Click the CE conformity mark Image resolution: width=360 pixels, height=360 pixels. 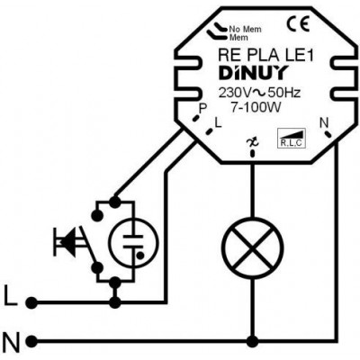pos(298,24)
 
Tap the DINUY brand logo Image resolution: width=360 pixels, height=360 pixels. pos(254,73)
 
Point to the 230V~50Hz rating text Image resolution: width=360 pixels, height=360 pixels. pos(259,93)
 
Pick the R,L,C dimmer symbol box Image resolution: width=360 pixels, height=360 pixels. pos(291,139)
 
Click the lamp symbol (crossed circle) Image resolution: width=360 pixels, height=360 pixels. pos(253,248)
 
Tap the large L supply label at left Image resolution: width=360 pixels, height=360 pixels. pos(11,295)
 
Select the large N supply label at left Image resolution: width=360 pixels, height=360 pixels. pos(13,342)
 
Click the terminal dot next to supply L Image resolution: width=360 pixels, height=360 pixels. pos(31,303)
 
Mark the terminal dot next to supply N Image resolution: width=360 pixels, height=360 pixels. pos(31,341)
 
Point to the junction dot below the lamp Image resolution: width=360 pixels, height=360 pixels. pos(253,341)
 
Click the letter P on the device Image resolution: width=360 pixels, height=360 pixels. pos(203,109)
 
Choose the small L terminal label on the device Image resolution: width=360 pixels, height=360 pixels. pos(218,123)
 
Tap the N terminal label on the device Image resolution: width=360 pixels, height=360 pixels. pos(324,122)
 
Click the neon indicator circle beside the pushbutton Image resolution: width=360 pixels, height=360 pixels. pos(132,243)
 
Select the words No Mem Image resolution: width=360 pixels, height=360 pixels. pos(246,30)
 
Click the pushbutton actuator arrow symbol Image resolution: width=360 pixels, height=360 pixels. pos(67,242)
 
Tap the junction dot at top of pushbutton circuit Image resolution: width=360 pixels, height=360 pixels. pos(114,202)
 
